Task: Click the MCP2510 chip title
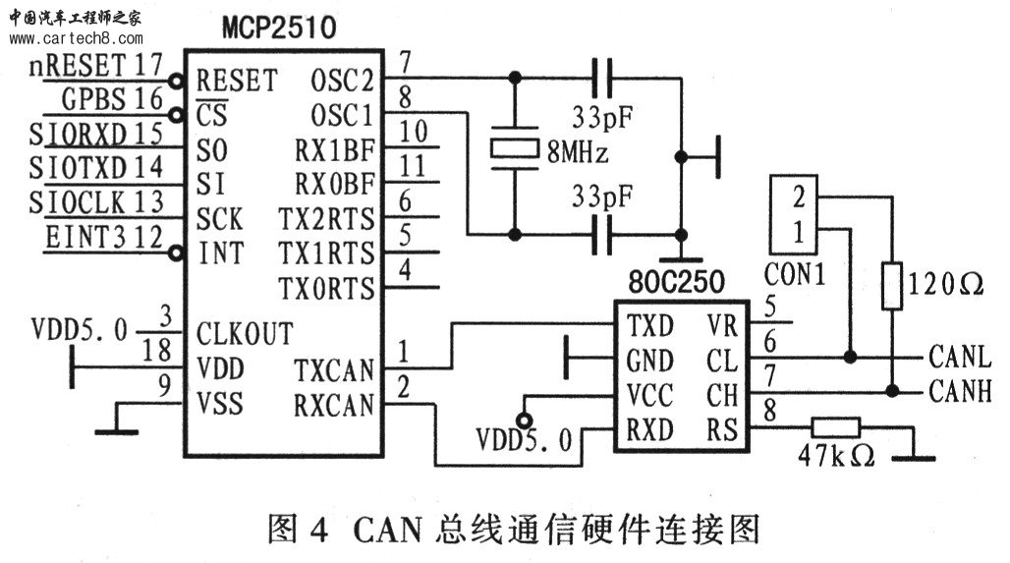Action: (x=279, y=28)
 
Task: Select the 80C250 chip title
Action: (x=676, y=282)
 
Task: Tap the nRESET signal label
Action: (x=78, y=65)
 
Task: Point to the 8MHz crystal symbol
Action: (x=514, y=148)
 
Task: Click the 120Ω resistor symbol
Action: (x=891, y=285)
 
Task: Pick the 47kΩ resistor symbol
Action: (x=835, y=427)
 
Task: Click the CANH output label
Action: (x=960, y=391)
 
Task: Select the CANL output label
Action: (x=959, y=357)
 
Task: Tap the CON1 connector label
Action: (x=794, y=275)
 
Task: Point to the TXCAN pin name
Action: (x=334, y=370)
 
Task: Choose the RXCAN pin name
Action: (x=334, y=405)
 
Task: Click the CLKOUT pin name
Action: (x=245, y=334)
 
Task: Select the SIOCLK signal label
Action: (x=77, y=203)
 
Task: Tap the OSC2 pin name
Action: (x=342, y=82)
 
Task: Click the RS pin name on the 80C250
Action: (x=721, y=429)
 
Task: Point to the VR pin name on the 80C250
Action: (x=722, y=326)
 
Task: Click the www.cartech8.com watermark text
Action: (x=76, y=38)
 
